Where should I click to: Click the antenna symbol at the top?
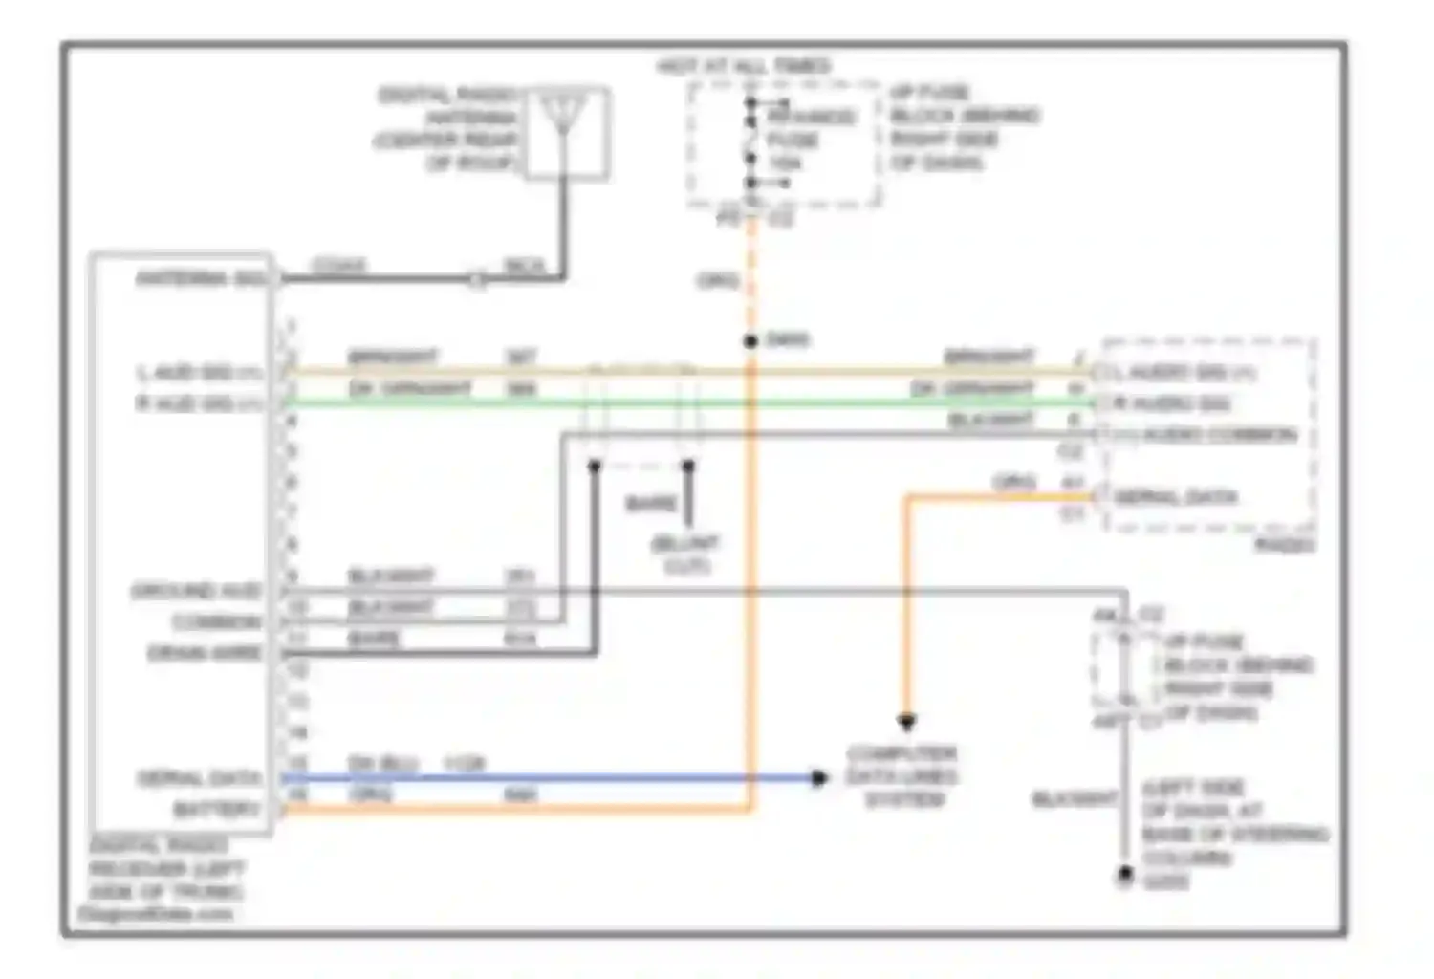coord(565,120)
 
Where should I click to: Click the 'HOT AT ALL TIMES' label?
coord(744,66)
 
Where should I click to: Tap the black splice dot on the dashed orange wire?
coord(751,340)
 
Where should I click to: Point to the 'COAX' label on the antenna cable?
coord(338,265)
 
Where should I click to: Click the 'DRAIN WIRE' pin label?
coord(204,653)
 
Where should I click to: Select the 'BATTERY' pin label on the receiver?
coord(217,809)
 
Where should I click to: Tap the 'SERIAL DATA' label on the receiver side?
coord(199,778)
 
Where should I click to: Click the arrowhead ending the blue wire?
coord(818,778)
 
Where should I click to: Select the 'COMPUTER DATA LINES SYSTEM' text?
coord(903,776)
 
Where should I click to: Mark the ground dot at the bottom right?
coord(1125,874)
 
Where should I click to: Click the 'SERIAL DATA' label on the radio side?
coord(1175,497)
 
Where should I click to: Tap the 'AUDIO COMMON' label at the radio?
coord(1219,435)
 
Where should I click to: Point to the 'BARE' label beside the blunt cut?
coord(650,504)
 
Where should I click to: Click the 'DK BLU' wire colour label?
coord(382,764)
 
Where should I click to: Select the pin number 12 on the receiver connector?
coord(297,670)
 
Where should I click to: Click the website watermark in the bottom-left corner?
coord(155,914)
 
